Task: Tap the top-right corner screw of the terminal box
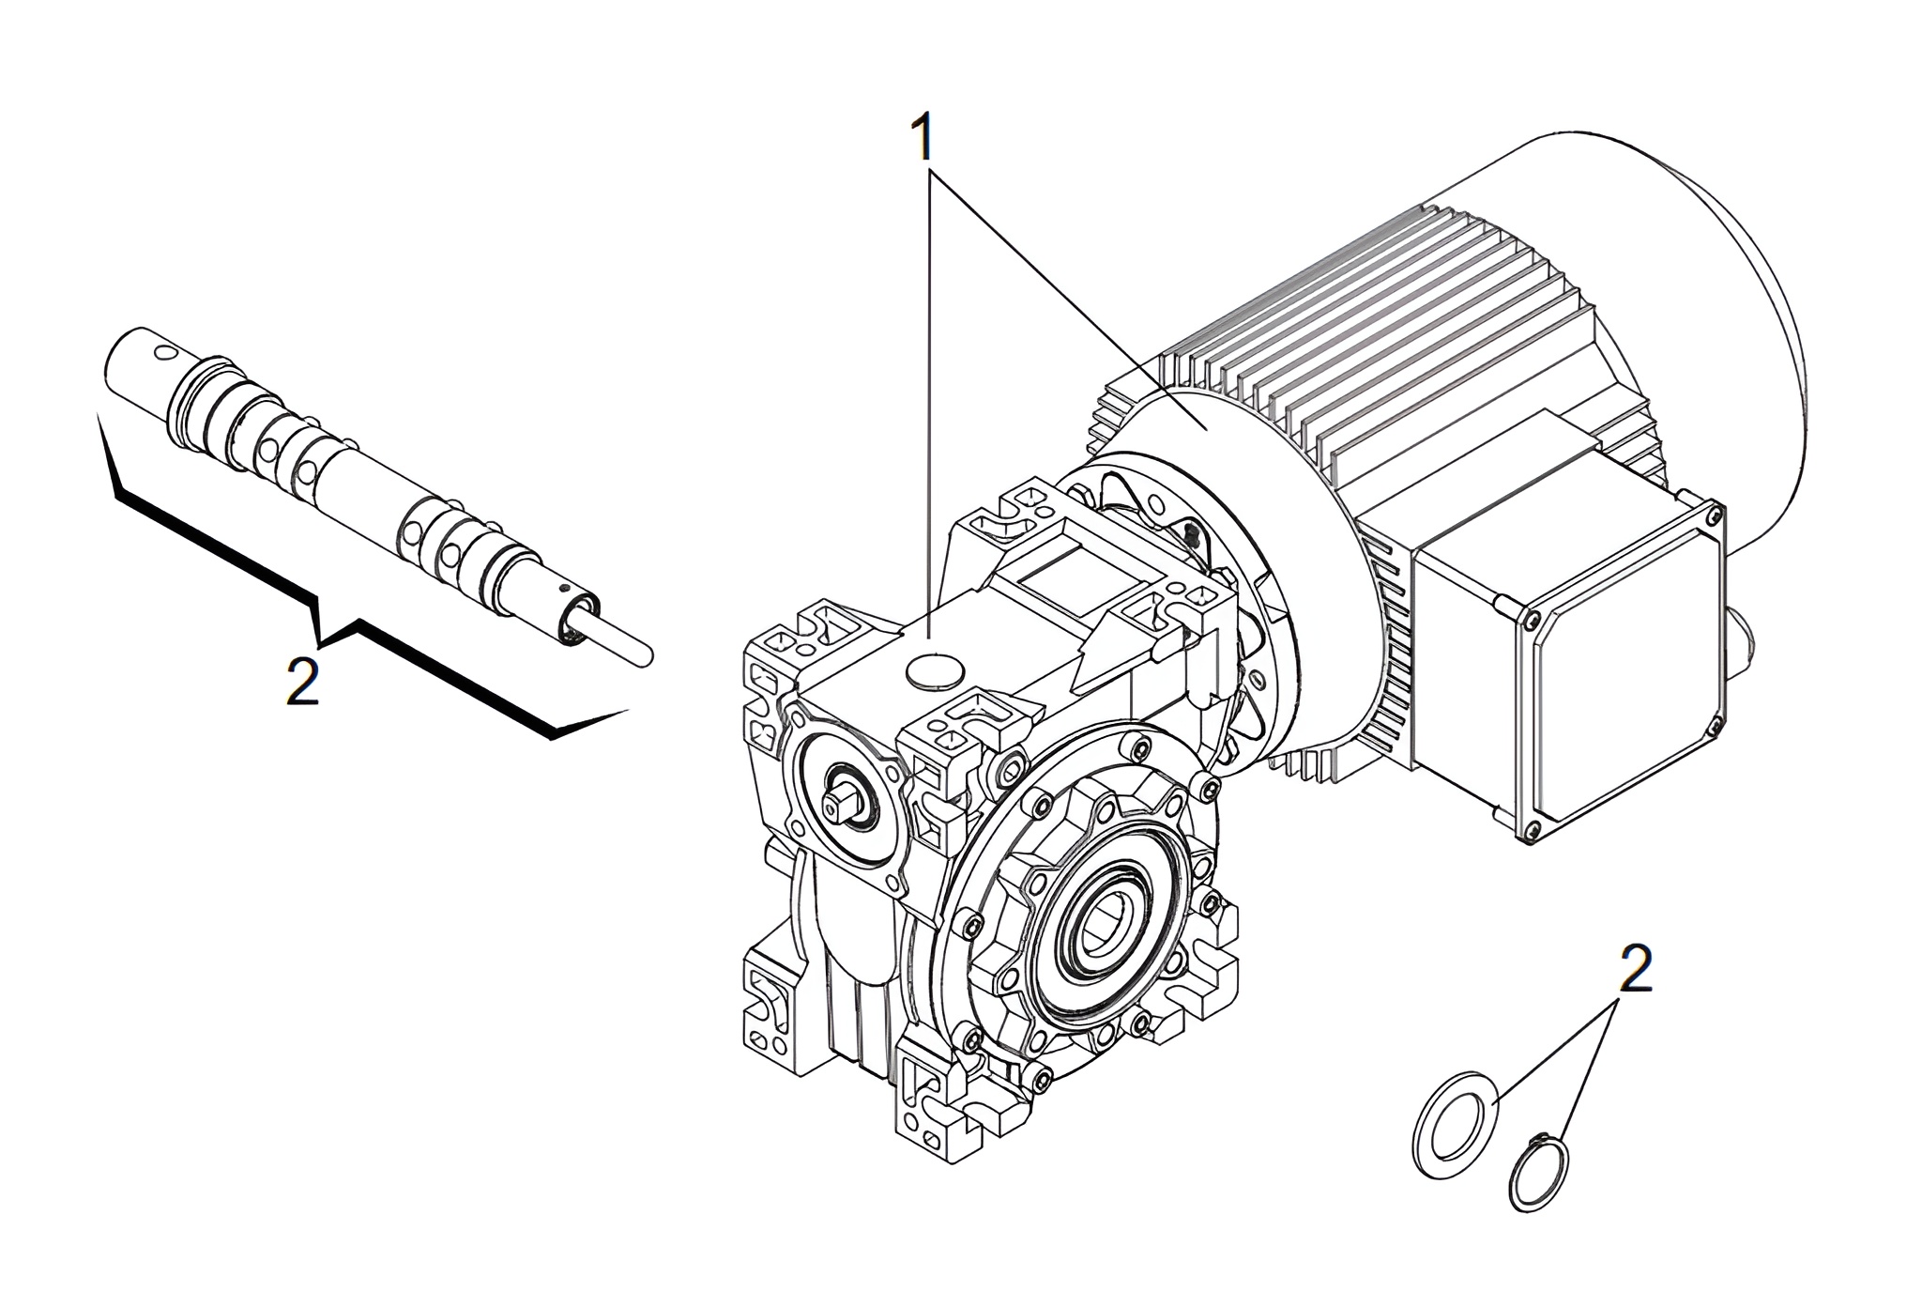click(1714, 514)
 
